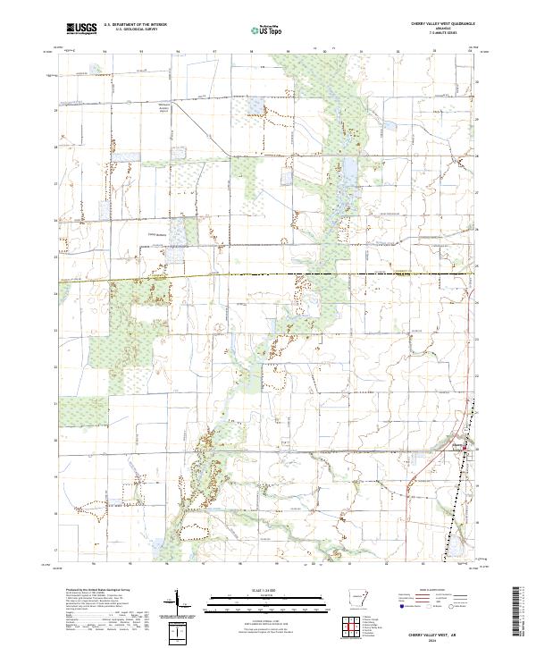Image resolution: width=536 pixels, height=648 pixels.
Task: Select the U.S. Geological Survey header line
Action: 135,30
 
